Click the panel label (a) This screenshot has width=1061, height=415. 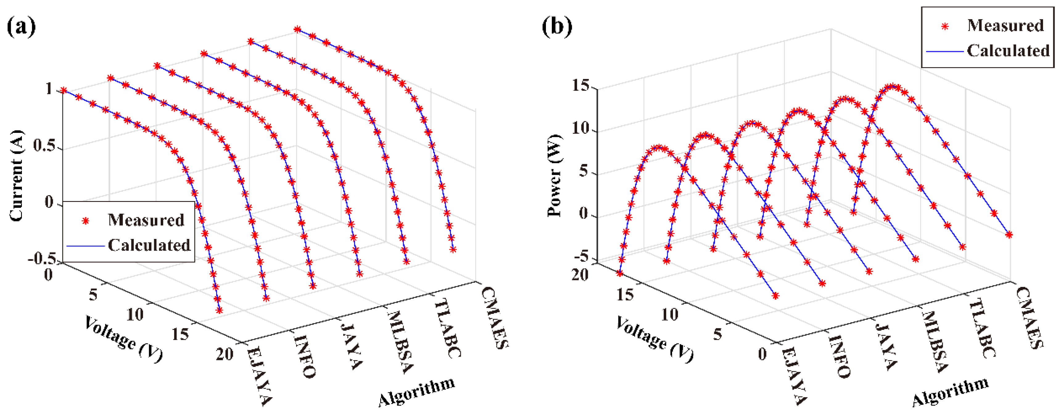coord(21,27)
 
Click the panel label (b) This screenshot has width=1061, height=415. coord(557,27)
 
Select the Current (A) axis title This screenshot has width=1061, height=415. coord(16,176)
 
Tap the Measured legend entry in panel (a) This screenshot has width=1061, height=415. coord(146,220)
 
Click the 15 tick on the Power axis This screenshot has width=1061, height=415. coord(581,86)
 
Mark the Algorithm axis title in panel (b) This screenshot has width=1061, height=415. coord(950,392)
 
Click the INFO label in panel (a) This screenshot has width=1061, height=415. coord(305,356)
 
